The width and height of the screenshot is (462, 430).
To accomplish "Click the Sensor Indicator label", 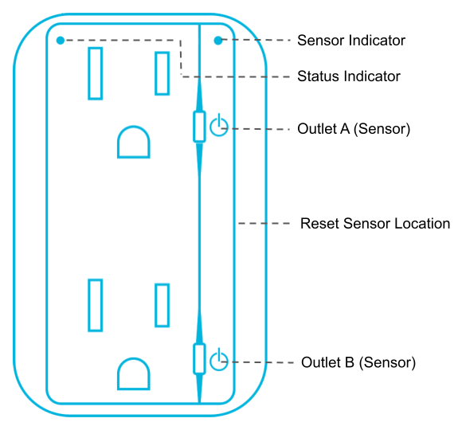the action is point(351,41).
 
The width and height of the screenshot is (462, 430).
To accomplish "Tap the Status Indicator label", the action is point(349,76).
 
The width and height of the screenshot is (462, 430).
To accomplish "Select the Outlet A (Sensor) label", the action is point(354,129).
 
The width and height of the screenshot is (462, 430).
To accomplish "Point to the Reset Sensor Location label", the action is point(375,224).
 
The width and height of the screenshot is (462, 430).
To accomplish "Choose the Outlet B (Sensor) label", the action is point(358,362).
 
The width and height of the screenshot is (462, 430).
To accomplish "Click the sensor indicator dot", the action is point(218,41).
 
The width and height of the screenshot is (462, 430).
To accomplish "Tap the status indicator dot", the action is point(61,41).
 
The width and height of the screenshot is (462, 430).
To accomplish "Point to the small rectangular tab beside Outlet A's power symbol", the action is point(199,127).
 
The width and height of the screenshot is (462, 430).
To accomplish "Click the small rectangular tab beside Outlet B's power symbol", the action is point(199,358).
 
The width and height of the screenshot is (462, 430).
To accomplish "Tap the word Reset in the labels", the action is point(319,224).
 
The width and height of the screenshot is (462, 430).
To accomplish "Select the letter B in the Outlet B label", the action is point(350,362).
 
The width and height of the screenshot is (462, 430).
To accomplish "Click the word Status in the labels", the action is point(318,76).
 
